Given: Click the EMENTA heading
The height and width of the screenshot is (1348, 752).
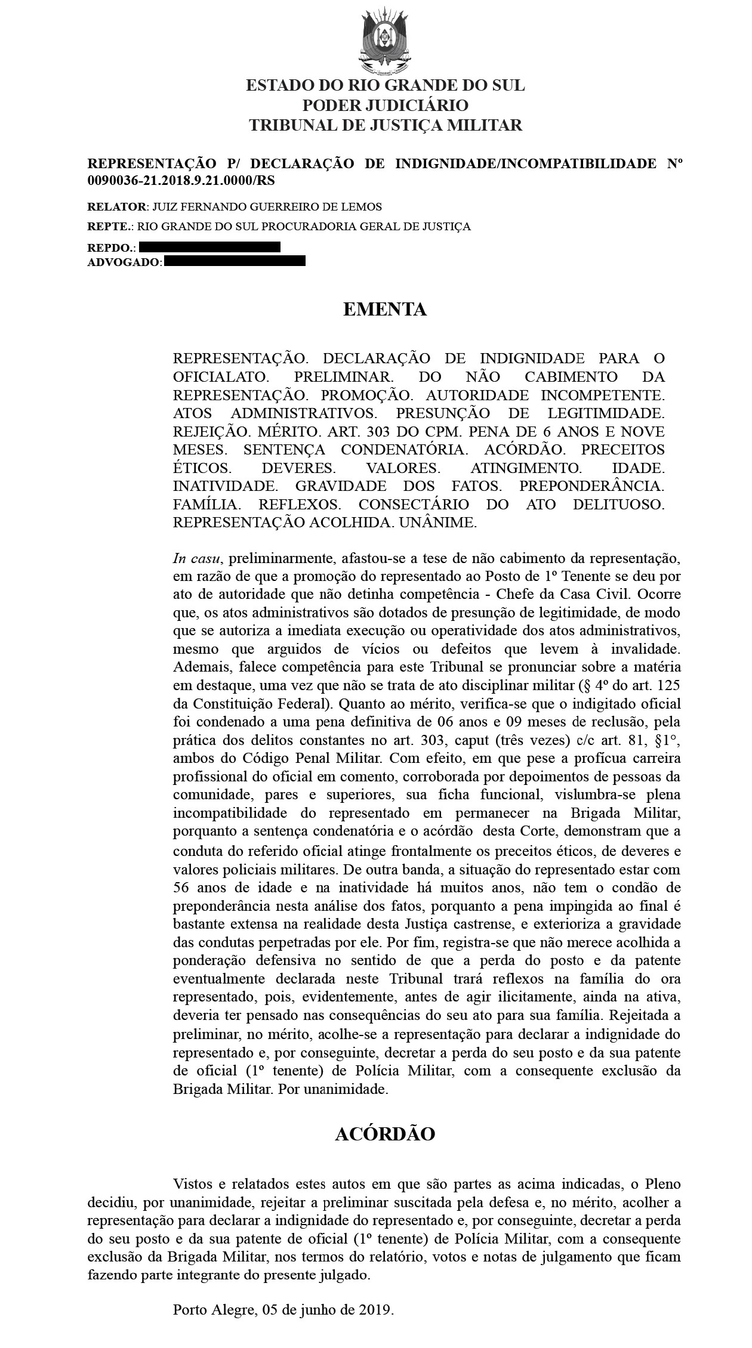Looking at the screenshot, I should click(385, 309).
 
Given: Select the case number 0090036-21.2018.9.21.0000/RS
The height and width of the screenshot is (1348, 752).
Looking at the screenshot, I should click(181, 180).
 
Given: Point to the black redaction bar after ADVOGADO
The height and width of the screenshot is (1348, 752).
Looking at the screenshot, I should click(235, 261).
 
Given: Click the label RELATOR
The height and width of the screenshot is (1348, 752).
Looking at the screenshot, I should click(117, 207).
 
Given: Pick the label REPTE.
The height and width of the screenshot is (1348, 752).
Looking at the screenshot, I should click(110, 227).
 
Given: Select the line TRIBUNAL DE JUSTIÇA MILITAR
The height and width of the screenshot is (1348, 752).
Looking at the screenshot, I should click(385, 125).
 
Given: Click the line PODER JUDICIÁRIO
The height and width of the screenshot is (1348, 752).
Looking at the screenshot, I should click(385, 106).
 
